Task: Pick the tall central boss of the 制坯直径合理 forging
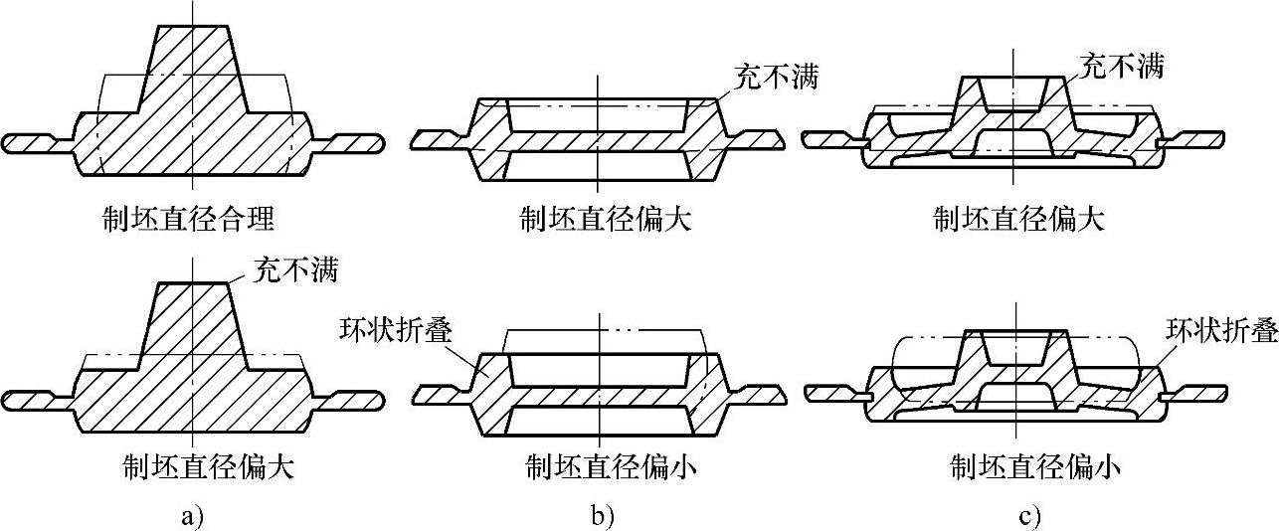point(193,70)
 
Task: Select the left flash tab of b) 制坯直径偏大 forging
point(439,140)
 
